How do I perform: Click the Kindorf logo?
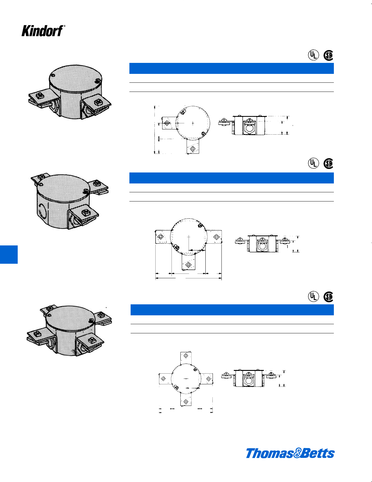pos(43,31)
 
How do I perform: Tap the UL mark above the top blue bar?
pos(313,55)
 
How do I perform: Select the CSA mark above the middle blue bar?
pos(328,163)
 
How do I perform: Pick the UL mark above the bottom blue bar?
pos(313,296)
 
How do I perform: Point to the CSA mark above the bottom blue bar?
pos(328,297)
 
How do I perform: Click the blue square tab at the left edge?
pos(9,254)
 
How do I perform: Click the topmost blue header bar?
pos(231,68)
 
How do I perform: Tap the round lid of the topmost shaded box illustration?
pos(74,78)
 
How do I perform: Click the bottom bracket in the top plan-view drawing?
pos(193,147)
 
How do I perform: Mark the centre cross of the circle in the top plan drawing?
pos(193,123)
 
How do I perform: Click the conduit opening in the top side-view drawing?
pos(249,128)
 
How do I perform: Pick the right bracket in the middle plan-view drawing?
pos(215,237)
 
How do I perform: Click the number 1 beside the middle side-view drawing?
pos(287,247)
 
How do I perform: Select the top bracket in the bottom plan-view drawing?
pos(186,357)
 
